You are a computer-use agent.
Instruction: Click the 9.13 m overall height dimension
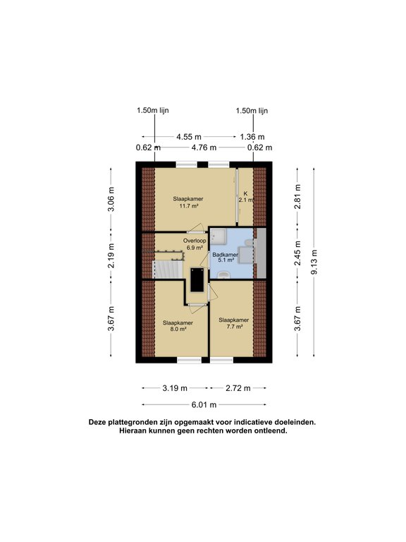314,263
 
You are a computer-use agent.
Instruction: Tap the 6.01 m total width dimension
204,405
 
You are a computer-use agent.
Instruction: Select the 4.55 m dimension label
189,137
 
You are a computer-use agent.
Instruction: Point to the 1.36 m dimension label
252,137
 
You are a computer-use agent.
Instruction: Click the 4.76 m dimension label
204,147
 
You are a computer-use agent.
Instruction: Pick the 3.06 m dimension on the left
111,199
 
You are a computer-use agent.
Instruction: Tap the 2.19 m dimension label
111,255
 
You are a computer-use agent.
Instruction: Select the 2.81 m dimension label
297,196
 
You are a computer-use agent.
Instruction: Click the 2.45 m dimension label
297,253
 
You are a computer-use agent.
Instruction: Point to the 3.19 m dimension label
175,388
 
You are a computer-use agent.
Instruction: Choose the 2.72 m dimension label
238,388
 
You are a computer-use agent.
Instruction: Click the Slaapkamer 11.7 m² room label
188,203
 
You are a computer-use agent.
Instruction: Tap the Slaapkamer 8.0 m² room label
178,326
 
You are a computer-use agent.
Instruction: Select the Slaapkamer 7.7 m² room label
234,323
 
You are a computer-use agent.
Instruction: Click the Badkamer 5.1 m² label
225,258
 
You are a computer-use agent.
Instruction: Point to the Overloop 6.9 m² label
195,244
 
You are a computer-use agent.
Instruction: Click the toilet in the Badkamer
224,275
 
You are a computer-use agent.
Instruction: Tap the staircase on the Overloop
168,269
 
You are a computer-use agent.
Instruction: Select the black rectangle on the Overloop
197,280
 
